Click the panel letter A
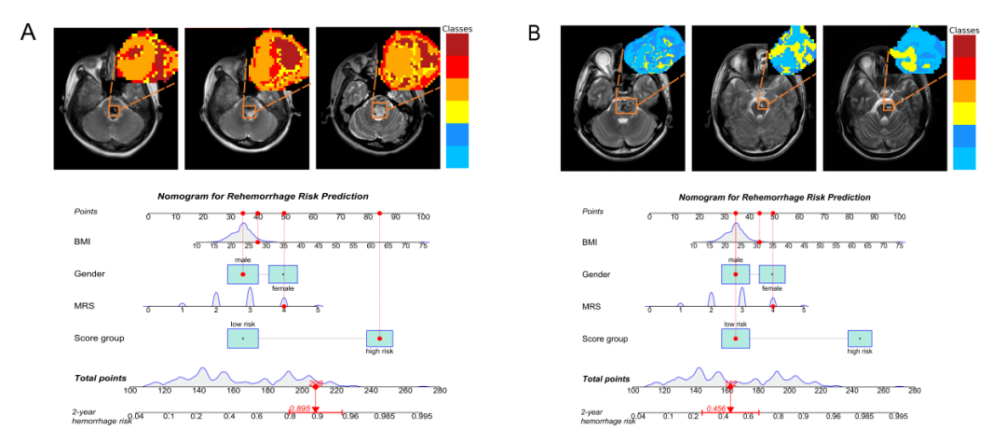29,32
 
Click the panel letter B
535,32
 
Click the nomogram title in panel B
774,197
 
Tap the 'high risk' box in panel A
380,338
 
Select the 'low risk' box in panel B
736,338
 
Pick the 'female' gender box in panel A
283,273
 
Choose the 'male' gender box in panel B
736,273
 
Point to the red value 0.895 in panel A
300,408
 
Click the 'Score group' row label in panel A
99,337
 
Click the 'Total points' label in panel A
101,378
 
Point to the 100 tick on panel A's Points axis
423,216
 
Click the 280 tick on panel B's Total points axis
915,391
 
